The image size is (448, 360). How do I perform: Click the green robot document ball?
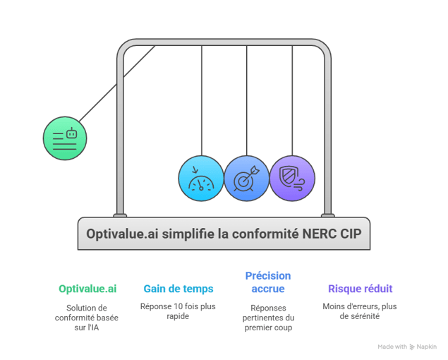pos(65,138)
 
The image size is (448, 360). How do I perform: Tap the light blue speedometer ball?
pos(200,179)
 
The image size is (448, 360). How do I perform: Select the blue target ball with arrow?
pos(246,179)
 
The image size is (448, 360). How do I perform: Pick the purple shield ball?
pos(292,179)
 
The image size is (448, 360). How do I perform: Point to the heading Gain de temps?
pos(178,289)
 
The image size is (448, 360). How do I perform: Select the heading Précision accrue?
pos(267,282)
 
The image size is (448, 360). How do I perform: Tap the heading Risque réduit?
pos(360,289)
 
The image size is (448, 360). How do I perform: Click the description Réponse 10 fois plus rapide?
pos(178,311)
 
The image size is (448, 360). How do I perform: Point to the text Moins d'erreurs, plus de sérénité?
pos(360,311)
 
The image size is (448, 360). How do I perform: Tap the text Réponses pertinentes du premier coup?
pos(267,318)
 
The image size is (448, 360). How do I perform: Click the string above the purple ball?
pos(292,99)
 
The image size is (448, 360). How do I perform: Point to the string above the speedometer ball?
pos(201,99)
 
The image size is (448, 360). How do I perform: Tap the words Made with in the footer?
pos(392,347)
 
